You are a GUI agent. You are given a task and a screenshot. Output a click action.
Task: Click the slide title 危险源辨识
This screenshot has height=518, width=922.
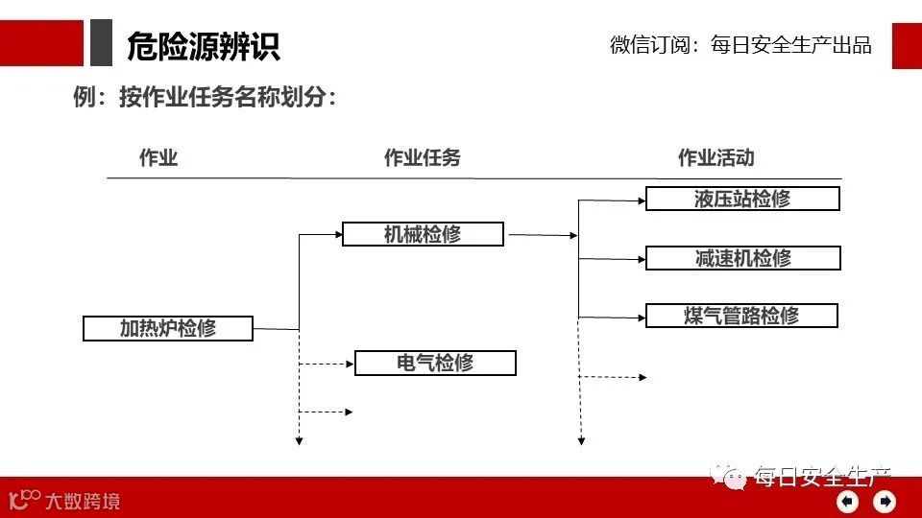point(203,45)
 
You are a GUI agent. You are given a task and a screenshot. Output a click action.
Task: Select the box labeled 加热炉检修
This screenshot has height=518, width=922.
point(168,328)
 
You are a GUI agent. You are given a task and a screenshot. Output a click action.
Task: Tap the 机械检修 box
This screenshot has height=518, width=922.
point(423,234)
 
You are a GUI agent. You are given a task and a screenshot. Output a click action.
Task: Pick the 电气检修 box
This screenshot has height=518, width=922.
point(435,363)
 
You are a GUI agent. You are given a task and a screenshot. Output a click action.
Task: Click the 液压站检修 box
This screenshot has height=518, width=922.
point(742,199)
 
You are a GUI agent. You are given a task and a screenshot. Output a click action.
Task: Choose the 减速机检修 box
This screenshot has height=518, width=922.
point(742,258)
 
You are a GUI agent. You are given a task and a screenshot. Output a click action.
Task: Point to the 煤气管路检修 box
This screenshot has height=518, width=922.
point(741,316)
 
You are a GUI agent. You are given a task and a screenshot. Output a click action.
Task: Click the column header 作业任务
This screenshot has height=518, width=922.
point(422,158)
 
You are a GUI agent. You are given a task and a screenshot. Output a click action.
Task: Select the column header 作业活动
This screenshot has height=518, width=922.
point(716,158)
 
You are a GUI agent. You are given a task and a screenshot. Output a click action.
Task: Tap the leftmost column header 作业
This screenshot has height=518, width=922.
point(158,158)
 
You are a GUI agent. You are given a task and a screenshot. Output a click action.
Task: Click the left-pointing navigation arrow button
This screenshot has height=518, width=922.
point(847,501)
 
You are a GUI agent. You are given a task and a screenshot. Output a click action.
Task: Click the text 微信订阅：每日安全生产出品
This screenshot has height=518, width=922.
point(740,45)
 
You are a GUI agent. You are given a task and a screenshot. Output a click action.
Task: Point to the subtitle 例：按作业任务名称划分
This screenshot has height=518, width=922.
point(205,97)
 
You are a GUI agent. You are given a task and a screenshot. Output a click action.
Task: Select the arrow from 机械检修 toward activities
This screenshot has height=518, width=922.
point(543,234)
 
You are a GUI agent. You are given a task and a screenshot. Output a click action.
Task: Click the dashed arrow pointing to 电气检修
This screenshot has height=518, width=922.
point(327,364)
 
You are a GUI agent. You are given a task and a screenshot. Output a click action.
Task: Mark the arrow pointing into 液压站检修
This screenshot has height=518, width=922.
point(612,200)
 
